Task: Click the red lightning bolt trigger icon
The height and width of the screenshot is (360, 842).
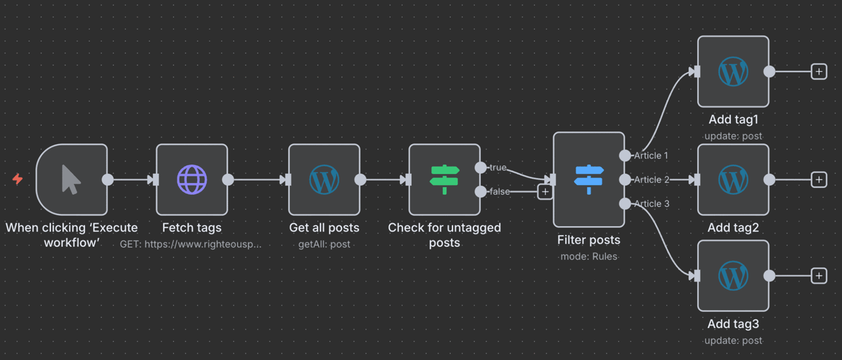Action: (18, 179)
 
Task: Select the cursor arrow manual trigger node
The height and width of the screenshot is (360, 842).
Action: (72, 180)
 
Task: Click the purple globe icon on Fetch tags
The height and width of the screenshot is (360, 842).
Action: (192, 180)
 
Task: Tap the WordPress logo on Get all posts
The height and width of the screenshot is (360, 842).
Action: (324, 180)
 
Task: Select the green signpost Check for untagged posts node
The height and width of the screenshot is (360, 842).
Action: (444, 180)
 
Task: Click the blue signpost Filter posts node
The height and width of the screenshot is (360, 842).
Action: (589, 180)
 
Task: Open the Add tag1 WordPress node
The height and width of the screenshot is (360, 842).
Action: (733, 72)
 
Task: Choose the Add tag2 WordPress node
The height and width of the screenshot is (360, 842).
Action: (733, 180)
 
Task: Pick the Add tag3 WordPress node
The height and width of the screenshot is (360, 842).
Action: (733, 276)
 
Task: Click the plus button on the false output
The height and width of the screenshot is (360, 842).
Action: (545, 192)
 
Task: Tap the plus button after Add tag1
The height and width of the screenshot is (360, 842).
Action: (819, 72)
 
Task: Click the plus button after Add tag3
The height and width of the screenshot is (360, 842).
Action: (819, 276)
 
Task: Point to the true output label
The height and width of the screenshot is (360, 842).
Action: (497, 168)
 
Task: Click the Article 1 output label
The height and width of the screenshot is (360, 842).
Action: (652, 155)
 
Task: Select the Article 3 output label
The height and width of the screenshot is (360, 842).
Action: (652, 203)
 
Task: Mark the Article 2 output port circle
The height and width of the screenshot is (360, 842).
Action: (625, 180)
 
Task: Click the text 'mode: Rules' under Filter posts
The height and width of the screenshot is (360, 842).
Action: (589, 256)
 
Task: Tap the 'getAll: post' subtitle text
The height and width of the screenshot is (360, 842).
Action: (324, 244)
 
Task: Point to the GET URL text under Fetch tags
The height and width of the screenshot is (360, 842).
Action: (190, 244)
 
